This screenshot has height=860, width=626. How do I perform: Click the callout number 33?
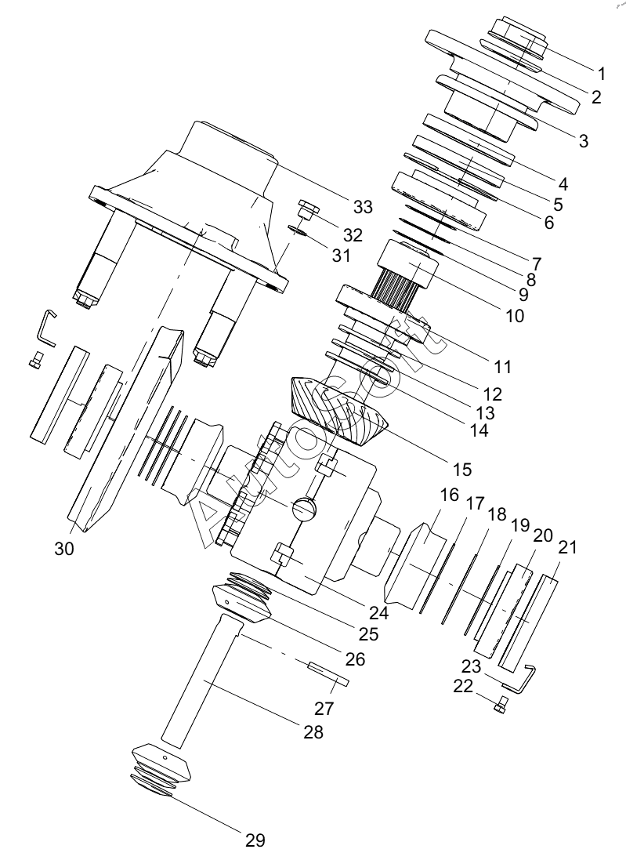click(363, 207)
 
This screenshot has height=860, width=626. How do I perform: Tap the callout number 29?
click(255, 840)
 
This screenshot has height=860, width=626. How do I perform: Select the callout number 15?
click(461, 469)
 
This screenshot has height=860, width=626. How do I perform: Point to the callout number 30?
click(64, 548)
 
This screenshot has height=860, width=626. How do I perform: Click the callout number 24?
click(378, 612)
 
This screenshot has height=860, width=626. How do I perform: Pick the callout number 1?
click(602, 74)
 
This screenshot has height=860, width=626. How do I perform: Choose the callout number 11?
click(502, 366)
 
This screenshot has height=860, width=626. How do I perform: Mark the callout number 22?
click(463, 686)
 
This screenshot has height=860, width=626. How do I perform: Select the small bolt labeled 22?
click(501, 703)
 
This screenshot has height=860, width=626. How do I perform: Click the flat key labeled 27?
click(327, 673)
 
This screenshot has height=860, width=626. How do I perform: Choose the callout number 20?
click(543, 536)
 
